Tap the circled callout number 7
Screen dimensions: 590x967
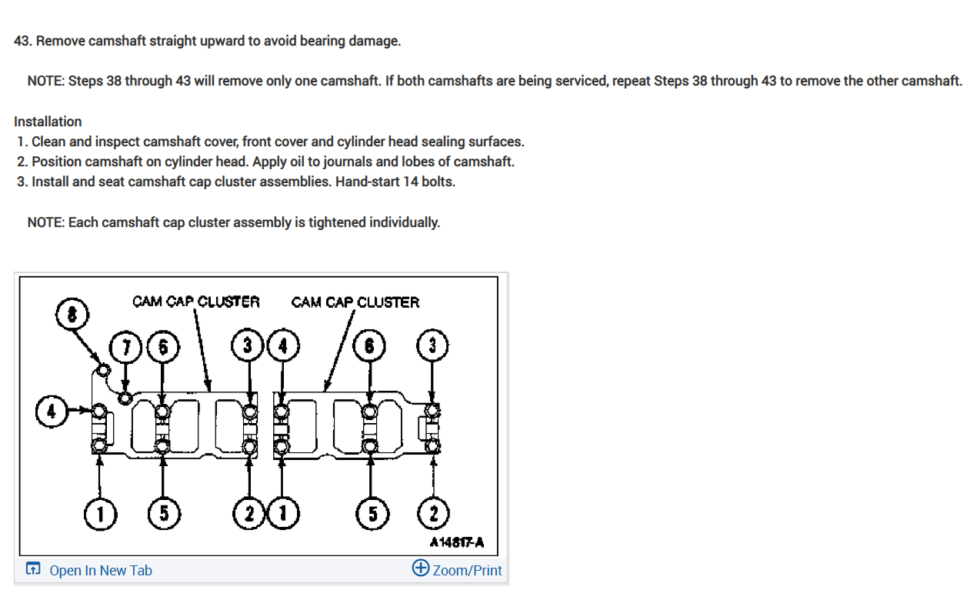point(125,346)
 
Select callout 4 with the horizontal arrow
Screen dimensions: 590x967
point(52,410)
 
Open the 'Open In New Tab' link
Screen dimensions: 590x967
point(100,571)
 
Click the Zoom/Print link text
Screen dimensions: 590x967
point(467,571)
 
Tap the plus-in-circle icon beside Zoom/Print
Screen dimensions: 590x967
point(421,568)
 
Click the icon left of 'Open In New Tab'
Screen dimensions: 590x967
point(33,570)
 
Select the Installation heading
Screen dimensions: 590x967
point(48,122)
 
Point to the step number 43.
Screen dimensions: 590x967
point(22,41)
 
